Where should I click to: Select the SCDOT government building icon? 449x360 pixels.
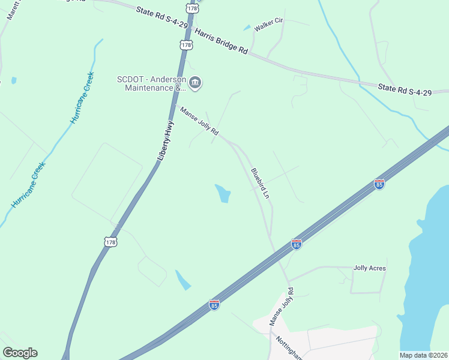coord(195,83)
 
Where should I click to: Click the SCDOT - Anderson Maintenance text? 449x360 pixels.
coord(151,83)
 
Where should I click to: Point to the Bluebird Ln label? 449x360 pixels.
coord(259,180)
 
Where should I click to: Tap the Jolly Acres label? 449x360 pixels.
coord(370,268)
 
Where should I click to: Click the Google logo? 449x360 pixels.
coord(20,353)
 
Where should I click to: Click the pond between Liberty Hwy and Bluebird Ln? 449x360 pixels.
coord(223,193)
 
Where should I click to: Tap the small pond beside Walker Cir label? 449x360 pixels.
coord(247,28)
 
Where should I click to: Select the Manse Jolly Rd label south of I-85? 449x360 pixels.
coord(282,307)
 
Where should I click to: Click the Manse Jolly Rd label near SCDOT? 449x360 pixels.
coord(197,120)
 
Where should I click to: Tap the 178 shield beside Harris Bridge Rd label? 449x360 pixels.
coord(186,45)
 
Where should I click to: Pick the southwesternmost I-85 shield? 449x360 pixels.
coord(214,305)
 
